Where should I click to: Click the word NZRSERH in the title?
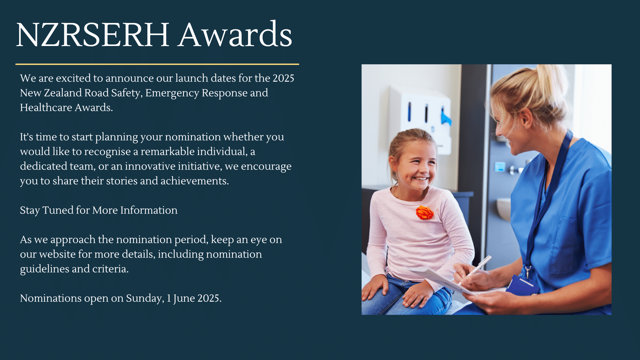tap(92, 35)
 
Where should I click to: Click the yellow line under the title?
tap(157, 64)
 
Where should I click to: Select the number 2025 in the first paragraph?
tap(283, 78)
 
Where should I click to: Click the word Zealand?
tap(63, 93)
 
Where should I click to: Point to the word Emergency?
tap(172, 93)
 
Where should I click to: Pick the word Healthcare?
tap(46, 107)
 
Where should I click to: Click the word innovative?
tap(150, 166)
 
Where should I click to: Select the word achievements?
tap(195, 181)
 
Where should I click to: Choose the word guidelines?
tap(45, 269)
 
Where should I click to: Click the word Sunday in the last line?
tap(145, 298)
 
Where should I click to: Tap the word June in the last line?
tap(184, 298)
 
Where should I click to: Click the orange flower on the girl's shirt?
tap(425, 213)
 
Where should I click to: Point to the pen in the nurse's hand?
tap(475, 270)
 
